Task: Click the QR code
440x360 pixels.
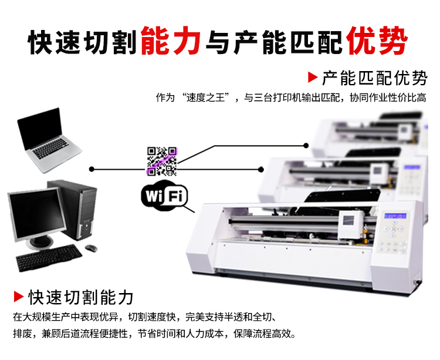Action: pyautogui.click(x=162, y=161)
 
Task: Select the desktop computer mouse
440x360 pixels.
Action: pyautogui.click(x=91, y=248)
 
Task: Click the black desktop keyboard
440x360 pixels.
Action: pyautogui.click(x=49, y=257)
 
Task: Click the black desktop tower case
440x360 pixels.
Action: pyautogui.click(x=73, y=209)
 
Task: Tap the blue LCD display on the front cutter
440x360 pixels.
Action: pyautogui.click(x=395, y=216)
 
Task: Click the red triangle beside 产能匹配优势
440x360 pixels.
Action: pyautogui.click(x=312, y=77)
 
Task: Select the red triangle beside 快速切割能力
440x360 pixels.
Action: pyautogui.click(x=19, y=297)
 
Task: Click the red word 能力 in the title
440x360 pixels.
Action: pyautogui.click(x=170, y=41)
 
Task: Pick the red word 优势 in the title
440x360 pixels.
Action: pyautogui.click(x=377, y=41)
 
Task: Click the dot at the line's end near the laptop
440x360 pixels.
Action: pyautogui.click(x=92, y=169)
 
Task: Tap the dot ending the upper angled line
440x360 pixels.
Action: pyautogui.click(x=306, y=146)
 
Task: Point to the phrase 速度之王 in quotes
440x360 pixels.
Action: pyautogui.click(x=205, y=97)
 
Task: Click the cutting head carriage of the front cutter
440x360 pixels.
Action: pyautogui.click(x=351, y=224)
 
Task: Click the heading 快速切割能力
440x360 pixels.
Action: pyautogui.click(x=80, y=297)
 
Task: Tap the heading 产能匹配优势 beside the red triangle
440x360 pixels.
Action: pyautogui.click(x=375, y=78)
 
